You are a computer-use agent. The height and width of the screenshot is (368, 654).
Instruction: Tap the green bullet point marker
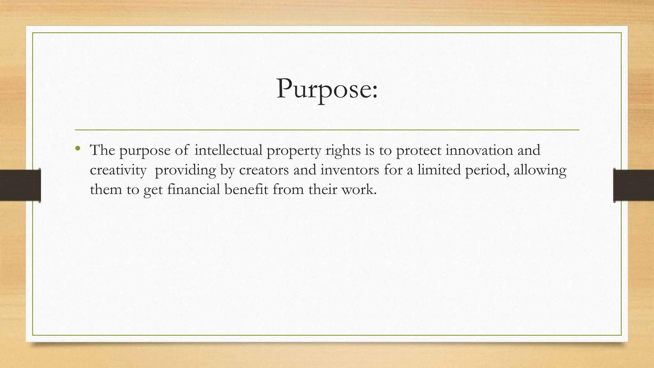78,148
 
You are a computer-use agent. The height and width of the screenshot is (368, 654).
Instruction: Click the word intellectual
228,150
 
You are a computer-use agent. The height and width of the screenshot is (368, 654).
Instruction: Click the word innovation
479,150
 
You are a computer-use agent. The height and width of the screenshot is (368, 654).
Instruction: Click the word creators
264,170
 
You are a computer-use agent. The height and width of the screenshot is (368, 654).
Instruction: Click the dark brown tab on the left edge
20,185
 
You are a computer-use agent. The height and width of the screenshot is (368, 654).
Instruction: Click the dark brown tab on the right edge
634,185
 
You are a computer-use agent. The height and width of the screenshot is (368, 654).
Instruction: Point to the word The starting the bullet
102,150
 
